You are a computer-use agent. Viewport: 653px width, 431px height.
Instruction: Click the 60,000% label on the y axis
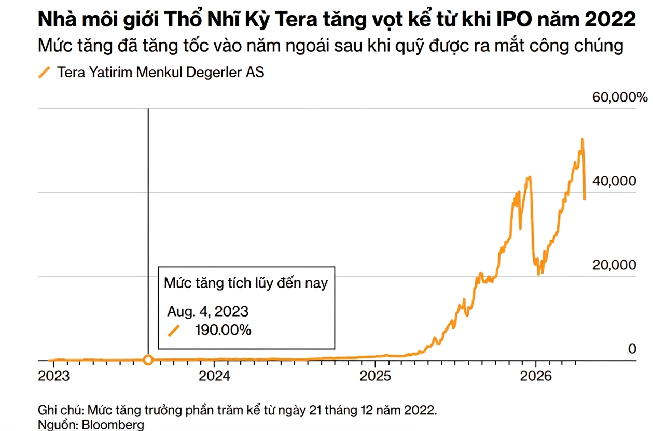click(x=620, y=97)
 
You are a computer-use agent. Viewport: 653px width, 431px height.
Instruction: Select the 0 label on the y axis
click(x=632, y=349)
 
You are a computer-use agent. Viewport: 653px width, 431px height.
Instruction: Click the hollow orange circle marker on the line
click(x=148, y=360)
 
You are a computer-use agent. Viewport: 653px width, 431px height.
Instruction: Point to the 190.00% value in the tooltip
click(x=223, y=330)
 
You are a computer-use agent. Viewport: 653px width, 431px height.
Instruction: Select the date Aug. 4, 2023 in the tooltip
click(x=207, y=311)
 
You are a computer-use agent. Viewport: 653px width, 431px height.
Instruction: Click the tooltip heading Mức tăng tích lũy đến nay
click(x=246, y=283)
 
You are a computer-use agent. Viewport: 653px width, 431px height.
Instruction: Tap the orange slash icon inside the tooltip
click(x=174, y=331)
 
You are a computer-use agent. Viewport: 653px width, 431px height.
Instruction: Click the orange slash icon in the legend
click(x=45, y=73)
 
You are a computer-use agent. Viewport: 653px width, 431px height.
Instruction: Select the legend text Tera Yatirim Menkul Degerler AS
click(x=160, y=73)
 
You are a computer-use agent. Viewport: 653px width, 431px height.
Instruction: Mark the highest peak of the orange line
click(x=582, y=139)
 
